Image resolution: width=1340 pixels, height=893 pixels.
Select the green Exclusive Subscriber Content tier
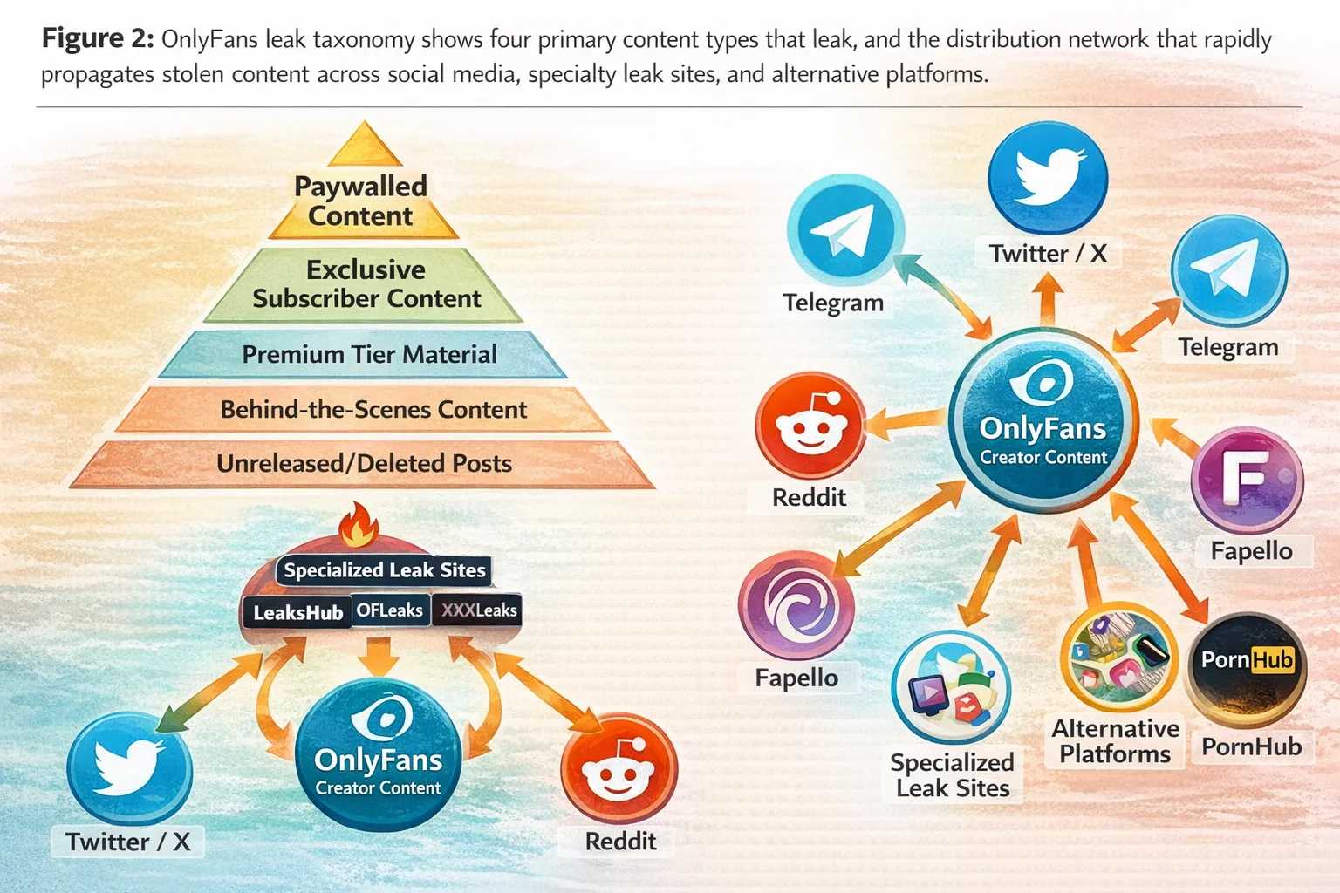(x=366, y=284)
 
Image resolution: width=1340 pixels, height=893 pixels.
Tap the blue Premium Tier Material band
(x=369, y=354)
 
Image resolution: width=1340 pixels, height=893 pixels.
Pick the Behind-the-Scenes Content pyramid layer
(x=373, y=409)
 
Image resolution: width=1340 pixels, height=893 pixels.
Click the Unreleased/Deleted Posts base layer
(x=364, y=463)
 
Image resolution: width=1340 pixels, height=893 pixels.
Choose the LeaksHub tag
(x=297, y=612)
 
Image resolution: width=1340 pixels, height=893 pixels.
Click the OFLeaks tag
(x=389, y=610)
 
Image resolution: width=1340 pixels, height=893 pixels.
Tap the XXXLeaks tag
(x=478, y=610)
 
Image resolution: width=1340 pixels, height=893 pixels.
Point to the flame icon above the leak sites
(x=359, y=525)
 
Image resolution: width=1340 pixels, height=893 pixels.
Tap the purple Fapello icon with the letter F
(x=1247, y=479)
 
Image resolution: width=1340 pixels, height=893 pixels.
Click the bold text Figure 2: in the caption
(x=98, y=39)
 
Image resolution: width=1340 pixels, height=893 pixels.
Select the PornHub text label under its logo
(x=1251, y=746)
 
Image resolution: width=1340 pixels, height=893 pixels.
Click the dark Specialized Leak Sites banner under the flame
(x=384, y=570)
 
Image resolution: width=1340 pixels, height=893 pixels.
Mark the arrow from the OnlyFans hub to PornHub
(x=1159, y=559)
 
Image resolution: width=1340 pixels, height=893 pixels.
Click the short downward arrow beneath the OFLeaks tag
(x=379, y=656)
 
